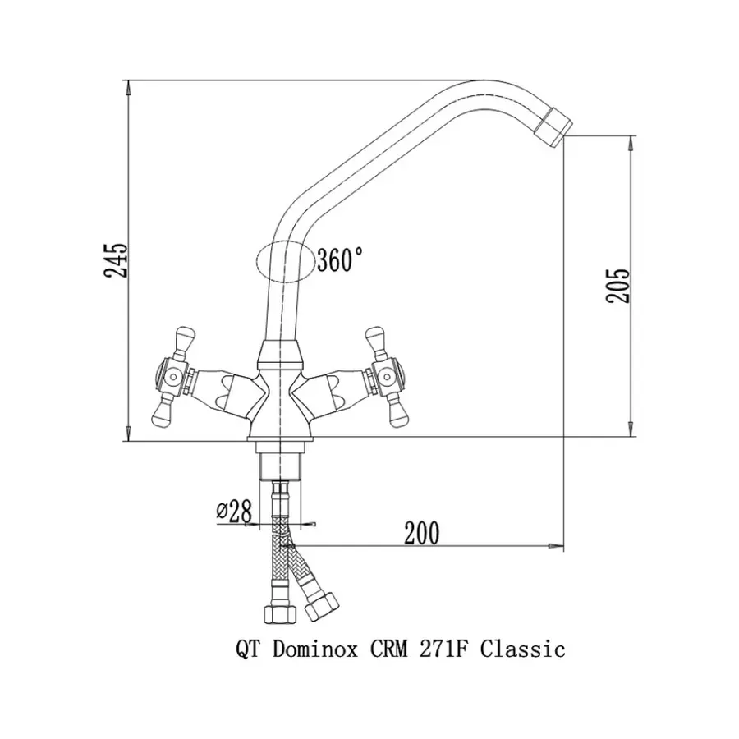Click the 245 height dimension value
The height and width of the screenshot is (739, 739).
[x=116, y=260]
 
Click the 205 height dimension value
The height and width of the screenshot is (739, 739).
[x=617, y=285]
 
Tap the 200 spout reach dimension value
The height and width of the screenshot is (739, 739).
[x=421, y=532]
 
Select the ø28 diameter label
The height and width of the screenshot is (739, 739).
[x=234, y=511]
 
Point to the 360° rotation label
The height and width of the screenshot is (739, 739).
[x=340, y=259]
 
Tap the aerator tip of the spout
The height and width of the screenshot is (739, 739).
[x=553, y=126]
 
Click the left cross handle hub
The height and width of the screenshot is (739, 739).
[x=173, y=375]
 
